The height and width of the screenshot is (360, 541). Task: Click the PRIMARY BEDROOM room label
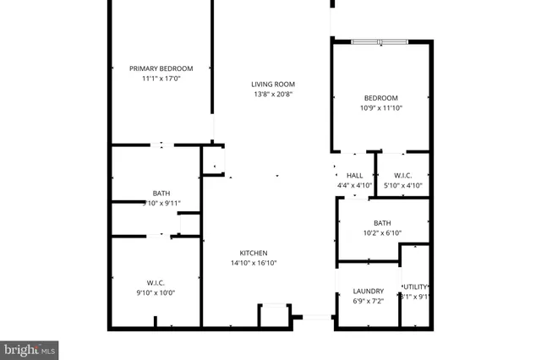pos(161,68)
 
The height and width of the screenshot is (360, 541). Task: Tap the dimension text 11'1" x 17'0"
pos(161,79)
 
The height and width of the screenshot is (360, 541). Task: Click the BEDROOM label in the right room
pos(380,98)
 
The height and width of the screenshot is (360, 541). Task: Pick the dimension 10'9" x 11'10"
pos(380,108)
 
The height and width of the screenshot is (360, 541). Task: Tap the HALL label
pos(355,175)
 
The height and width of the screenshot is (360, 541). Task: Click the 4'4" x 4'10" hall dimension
pos(355,185)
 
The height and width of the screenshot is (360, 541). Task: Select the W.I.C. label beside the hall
pos(402,175)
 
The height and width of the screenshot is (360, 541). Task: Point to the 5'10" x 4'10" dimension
pos(402,185)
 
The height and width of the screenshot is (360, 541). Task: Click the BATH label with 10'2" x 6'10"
pos(382,223)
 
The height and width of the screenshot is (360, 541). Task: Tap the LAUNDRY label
pos(368,291)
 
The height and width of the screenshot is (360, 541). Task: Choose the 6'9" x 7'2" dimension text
pos(368,301)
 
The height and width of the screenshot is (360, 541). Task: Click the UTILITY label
pos(415,286)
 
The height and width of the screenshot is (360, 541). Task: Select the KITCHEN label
pos(254,253)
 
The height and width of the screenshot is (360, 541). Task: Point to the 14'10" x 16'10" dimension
pos(254,263)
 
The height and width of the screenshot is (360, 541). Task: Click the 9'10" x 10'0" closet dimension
pos(161,292)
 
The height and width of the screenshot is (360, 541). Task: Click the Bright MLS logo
pos(30,347)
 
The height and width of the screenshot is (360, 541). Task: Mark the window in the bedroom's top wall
pos(380,41)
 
